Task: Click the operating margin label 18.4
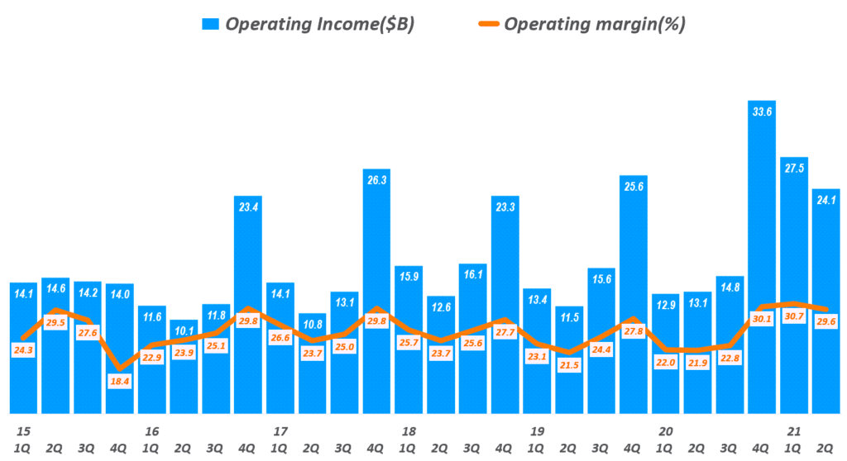pyautogui.click(x=120, y=381)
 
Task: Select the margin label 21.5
pyautogui.click(x=569, y=365)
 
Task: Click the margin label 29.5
pyautogui.click(x=55, y=323)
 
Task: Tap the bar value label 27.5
pyautogui.click(x=794, y=168)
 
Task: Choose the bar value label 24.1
pyautogui.click(x=826, y=199)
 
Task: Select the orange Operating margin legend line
pyautogui.click(x=488, y=25)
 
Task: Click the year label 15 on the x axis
pyautogui.click(x=23, y=430)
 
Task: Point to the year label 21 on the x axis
pyautogui.click(x=794, y=430)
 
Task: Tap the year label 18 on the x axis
pyautogui.click(x=409, y=430)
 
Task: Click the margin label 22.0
pyautogui.click(x=666, y=362)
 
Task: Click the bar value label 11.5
pyautogui.click(x=569, y=317)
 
